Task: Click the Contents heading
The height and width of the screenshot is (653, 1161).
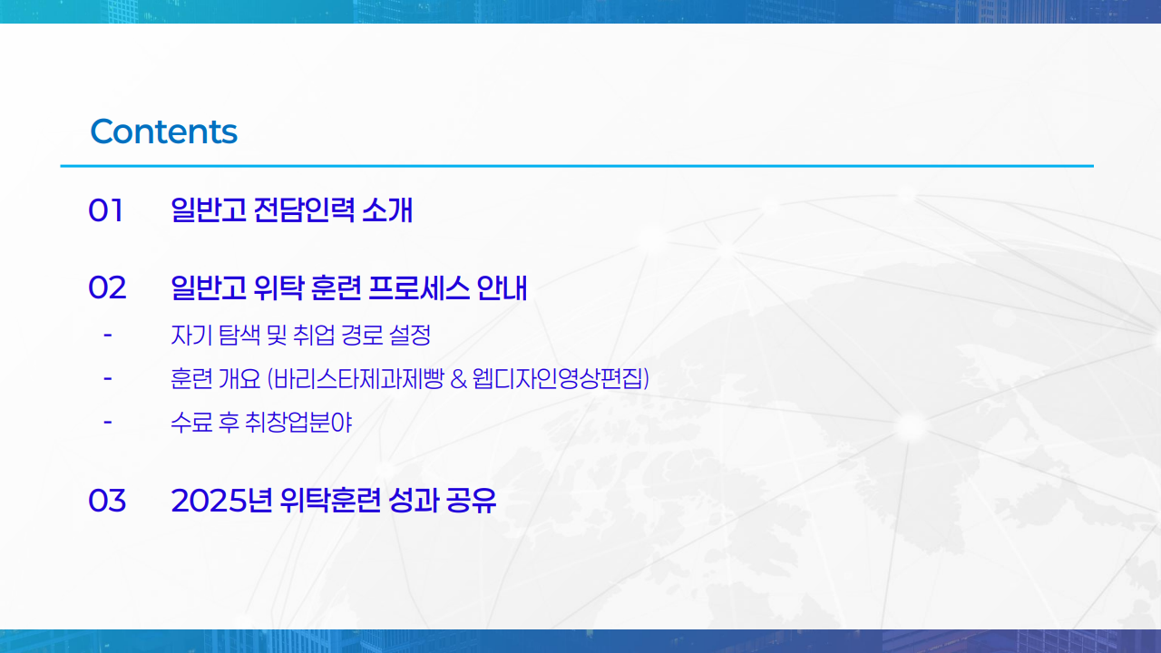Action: [x=163, y=132]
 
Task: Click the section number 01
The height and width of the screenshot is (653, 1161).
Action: [x=105, y=210]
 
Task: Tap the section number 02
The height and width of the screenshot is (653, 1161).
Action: [x=107, y=288]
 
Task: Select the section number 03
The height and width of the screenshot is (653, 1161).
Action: [x=107, y=501]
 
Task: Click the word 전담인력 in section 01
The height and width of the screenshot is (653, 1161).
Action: [x=305, y=210]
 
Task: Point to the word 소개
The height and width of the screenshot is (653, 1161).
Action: [x=387, y=210]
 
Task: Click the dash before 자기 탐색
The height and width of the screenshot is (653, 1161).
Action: [x=108, y=336]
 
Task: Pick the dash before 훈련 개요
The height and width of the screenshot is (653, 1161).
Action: [x=108, y=377]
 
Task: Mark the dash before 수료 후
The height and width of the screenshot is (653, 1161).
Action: [x=108, y=421]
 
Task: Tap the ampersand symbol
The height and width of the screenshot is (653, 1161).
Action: [x=458, y=378]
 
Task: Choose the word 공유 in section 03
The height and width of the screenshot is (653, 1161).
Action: [x=472, y=501]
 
